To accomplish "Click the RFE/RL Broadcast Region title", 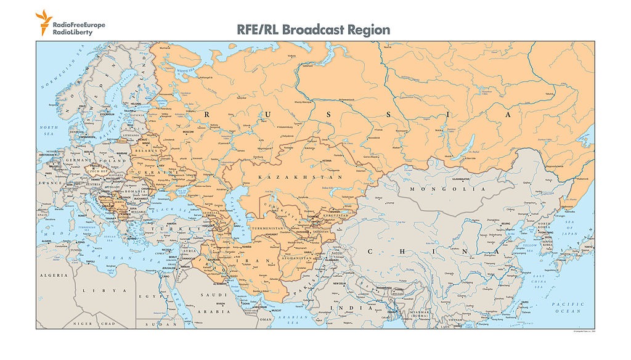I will coord(314,29).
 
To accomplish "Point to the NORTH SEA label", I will coord(48,131).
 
